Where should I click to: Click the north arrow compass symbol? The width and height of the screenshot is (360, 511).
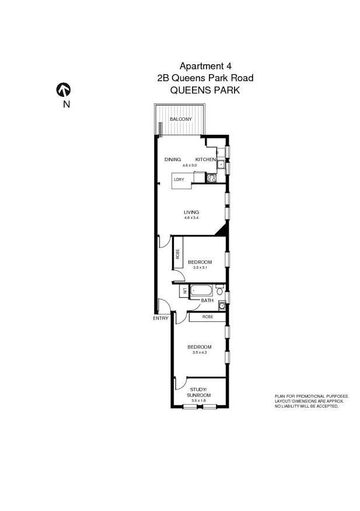(x=63, y=89)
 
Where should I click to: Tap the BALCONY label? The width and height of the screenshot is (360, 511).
(x=180, y=119)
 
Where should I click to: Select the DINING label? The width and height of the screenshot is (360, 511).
(x=172, y=159)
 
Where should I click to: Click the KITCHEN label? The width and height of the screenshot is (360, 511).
(x=205, y=159)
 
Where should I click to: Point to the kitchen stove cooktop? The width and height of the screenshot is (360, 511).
(x=211, y=177)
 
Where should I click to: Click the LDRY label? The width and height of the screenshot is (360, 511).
(x=179, y=180)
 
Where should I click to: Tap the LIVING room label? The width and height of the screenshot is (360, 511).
(x=191, y=212)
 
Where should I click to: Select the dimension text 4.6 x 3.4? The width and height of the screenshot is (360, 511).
(x=191, y=218)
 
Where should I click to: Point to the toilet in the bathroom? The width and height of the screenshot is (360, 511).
(x=219, y=290)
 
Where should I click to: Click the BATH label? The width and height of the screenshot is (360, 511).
(x=207, y=301)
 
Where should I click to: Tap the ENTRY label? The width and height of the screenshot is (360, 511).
(x=160, y=318)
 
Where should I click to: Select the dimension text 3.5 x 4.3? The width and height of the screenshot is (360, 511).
(x=200, y=352)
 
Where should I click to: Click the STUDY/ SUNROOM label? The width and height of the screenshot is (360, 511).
(x=198, y=392)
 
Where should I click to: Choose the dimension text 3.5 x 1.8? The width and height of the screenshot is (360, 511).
(x=198, y=401)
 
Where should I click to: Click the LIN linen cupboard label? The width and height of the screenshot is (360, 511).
(x=184, y=291)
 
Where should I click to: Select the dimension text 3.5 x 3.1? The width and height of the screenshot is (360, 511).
(x=200, y=267)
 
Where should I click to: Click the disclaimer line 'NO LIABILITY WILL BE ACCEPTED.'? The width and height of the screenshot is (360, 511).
(x=306, y=406)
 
